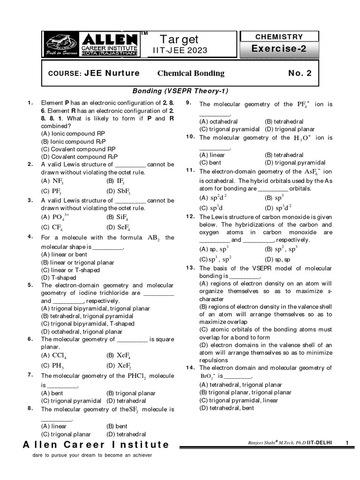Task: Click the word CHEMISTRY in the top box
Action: point(279,37)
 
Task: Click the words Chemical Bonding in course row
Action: point(191,73)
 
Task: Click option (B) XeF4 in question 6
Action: point(118,355)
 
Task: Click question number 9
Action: point(188,103)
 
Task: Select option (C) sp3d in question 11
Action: point(210,208)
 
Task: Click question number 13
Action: point(190,268)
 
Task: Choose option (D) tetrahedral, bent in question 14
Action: point(227,408)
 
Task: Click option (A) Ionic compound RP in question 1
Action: point(73,133)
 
